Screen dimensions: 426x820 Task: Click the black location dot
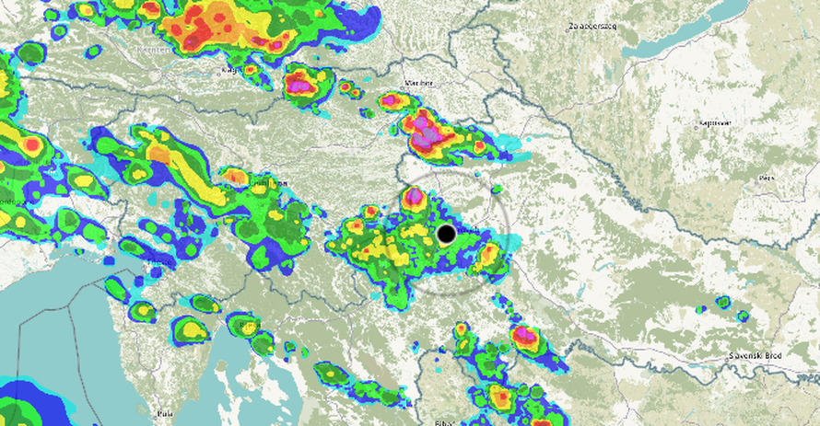pyautogui.click(x=447, y=234)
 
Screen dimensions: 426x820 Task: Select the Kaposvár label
pyautogui.click(x=714, y=122)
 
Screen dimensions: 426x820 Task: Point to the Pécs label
pyautogui.click(x=766, y=177)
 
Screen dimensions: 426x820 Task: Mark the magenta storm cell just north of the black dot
pyautogui.click(x=413, y=196)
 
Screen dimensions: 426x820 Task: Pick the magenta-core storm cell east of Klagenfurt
pyautogui.click(x=301, y=86)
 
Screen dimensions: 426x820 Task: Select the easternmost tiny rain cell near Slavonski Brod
pyautogui.click(x=743, y=317)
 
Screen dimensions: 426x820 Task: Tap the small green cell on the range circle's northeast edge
pyautogui.click(x=497, y=190)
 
